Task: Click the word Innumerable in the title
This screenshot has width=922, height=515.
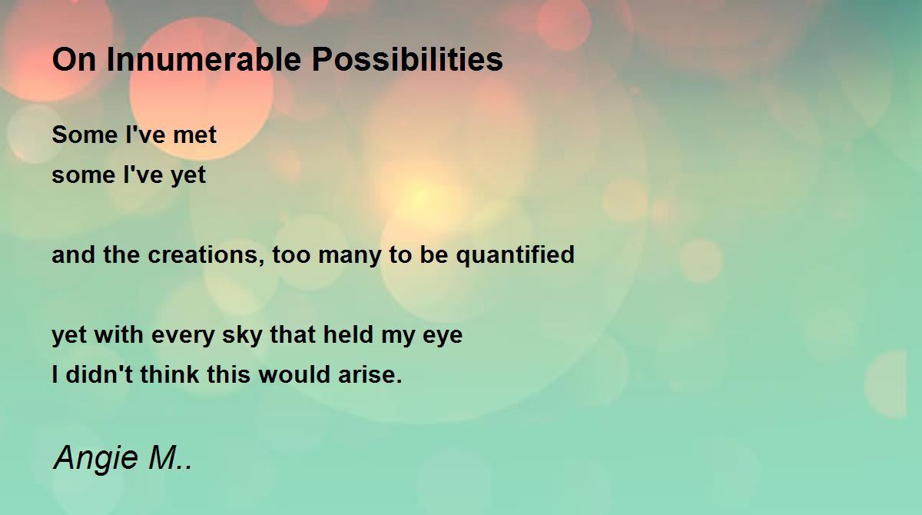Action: tap(204, 59)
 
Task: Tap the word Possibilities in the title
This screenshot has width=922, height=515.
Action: tap(407, 59)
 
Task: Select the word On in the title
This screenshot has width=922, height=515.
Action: tap(74, 59)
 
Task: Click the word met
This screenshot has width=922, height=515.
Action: tap(194, 135)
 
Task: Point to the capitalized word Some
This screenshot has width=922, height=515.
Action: tap(85, 135)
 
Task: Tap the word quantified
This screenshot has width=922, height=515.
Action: tap(515, 255)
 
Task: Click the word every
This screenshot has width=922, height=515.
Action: tap(183, 336)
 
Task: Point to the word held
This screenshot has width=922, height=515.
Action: tap(348, 334)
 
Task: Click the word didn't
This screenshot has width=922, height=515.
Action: tap(99, 374)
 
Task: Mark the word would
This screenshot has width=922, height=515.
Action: tap(294, 374)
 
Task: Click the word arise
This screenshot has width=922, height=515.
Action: tap(370, 374)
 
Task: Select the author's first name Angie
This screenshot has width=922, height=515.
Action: tap(95, 459)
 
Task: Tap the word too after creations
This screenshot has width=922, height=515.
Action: tap(291, 255)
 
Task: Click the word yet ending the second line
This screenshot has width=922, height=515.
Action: tap(188, 176)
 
